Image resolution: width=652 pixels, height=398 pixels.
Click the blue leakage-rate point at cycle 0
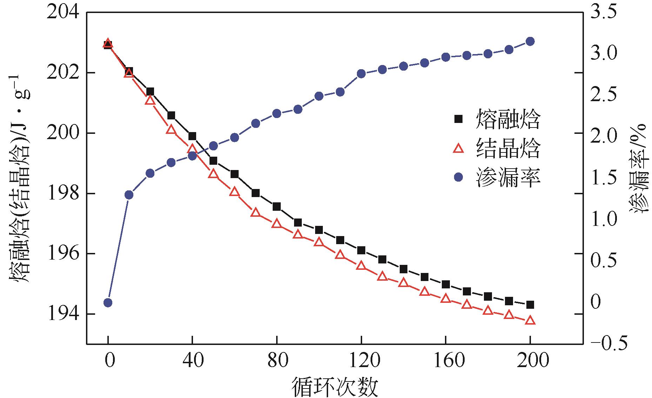pyautogui.click(x=108, y=302)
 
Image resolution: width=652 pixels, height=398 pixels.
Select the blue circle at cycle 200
pyautogui.click(x=530, y=41)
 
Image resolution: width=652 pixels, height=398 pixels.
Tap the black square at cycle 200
pyautogui.click(x=530, y=305)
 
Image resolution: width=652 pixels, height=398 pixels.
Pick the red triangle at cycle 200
pyautogui.click(x=530, y=320)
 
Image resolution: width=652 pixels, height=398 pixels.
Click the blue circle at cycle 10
pyautogui.click(x=129, y=195)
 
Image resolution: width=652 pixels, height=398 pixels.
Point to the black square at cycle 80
pyautogui.click(x=277, y=207)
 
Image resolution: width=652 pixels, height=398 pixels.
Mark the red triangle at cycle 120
pyautogui.click(x=361, y=266)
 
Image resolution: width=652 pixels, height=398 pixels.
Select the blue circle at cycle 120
pyautogui.click(x=361, y=74)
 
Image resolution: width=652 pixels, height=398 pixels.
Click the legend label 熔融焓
pyautogui.click(x=508, y=119)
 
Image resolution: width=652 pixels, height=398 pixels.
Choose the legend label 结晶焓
pyautogui.click(x=508, y=149)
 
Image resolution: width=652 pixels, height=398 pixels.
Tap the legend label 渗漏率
pyautogui.click(x=508, y=178)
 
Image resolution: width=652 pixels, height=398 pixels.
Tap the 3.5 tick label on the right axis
pyautogui.click(x=603, y=13)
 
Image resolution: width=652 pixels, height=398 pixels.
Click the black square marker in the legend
pyautogui.click(x=458, y=119)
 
